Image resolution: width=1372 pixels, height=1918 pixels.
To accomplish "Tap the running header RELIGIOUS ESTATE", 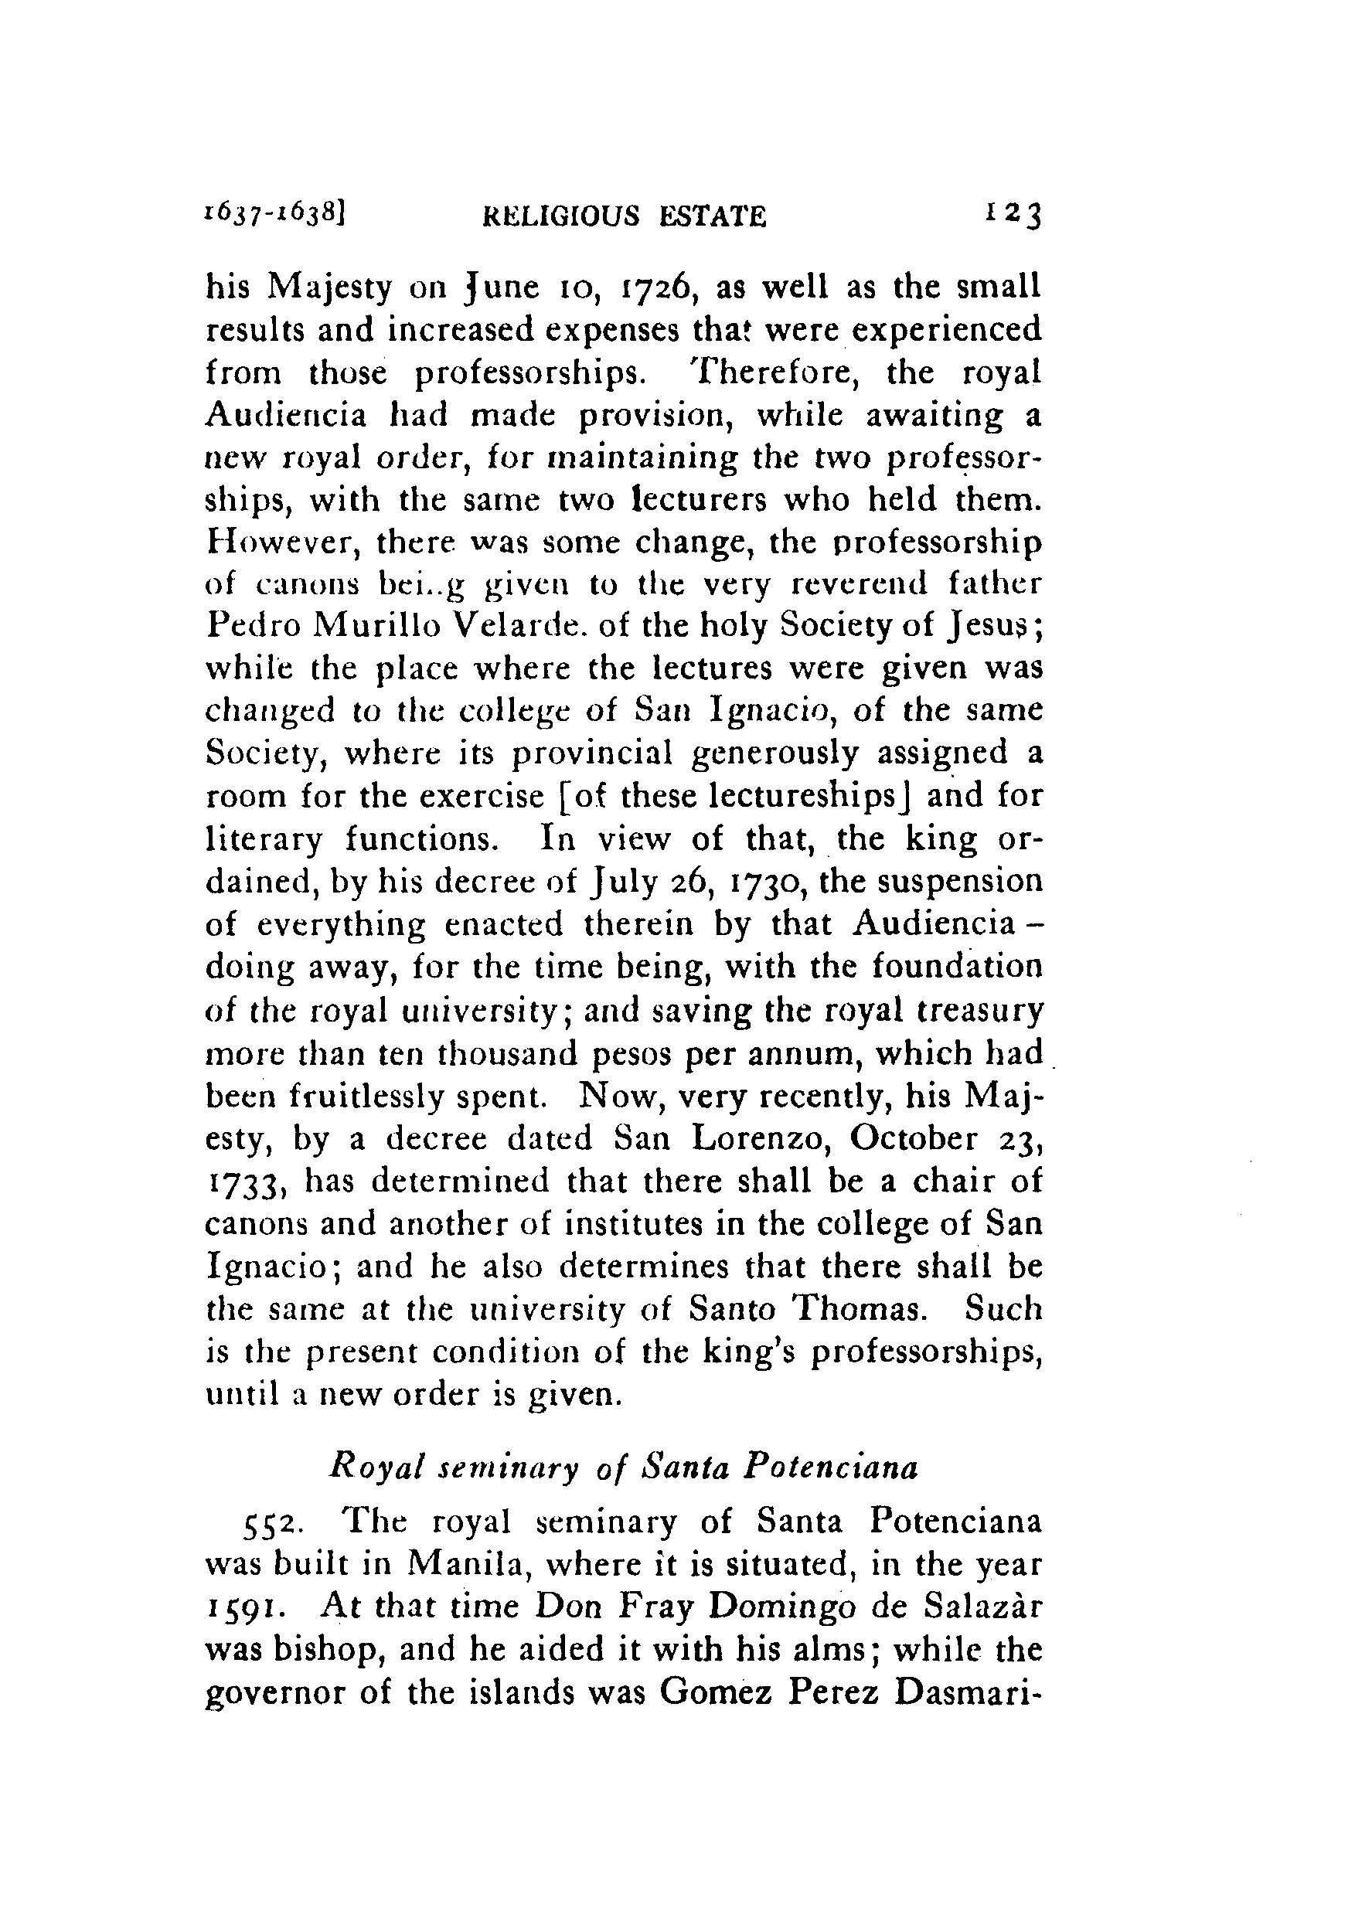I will tap(625, 217).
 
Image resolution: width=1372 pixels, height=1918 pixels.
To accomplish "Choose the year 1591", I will tap(248, 1608).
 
